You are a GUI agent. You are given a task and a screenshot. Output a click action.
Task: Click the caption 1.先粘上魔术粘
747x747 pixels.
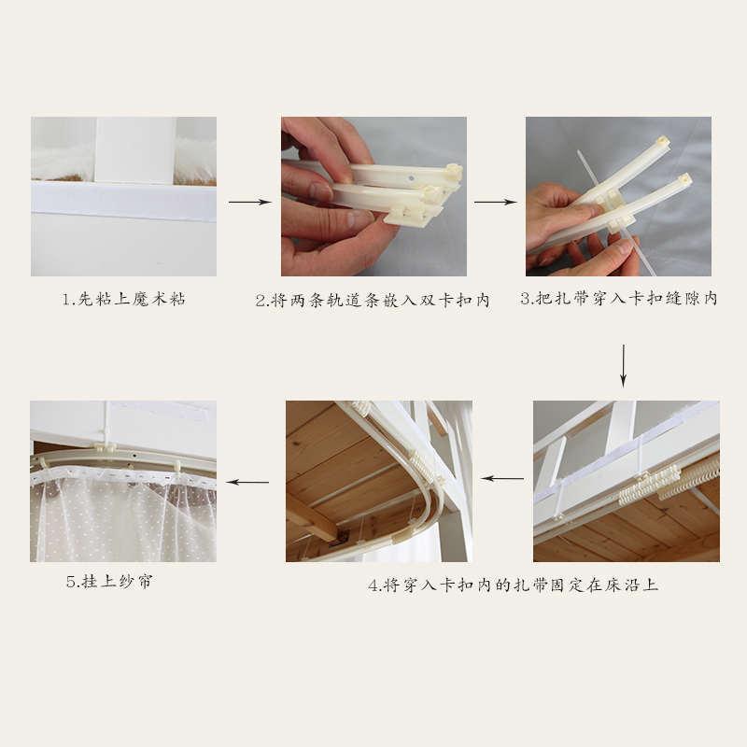(x=124, y=299)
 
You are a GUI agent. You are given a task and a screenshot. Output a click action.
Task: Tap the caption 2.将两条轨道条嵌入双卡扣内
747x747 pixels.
(x=373, y=300)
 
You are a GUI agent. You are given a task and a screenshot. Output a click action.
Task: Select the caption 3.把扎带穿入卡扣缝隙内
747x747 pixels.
(x=619, y=298)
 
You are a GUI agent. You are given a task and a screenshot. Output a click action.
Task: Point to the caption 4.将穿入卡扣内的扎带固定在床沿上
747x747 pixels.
(x=513, y=585)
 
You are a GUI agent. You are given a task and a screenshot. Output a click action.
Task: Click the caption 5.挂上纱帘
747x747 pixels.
(x=109, y=582)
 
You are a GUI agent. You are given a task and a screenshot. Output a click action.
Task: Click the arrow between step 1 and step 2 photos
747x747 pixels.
(x=249, y=202)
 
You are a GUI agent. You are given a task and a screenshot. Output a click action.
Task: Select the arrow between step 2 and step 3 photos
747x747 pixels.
(x=496, y=202)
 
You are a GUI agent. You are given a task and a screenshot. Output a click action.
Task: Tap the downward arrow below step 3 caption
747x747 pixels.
(x=623, y=365)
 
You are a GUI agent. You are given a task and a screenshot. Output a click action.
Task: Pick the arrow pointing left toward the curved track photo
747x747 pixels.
(x=502, y=478)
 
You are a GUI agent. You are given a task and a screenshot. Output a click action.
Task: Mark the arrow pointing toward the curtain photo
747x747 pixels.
(x=247, y=482)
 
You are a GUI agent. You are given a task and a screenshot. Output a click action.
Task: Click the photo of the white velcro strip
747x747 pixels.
(x=124, y=196)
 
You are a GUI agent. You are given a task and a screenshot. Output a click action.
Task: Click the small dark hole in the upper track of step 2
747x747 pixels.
(x=411, y=178)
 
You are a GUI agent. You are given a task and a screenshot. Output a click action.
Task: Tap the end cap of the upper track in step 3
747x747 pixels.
(x=663, y=142)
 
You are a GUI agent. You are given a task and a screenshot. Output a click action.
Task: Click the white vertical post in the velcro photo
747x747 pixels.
(x=135, y=150)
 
